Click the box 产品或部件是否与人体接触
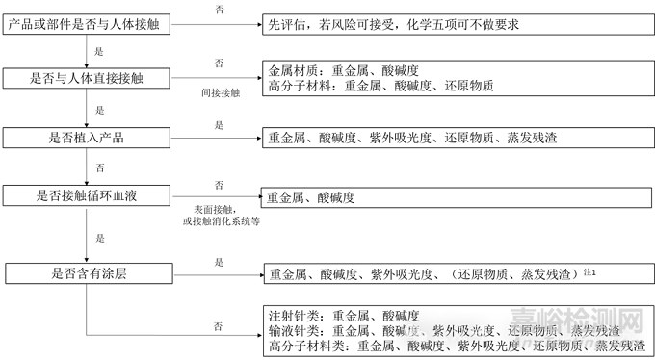(87, 23)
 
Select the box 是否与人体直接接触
(87, 77)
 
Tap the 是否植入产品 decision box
(87, 139)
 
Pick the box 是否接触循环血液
(87, 196)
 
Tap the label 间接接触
(221, 94)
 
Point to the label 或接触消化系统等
(221, 219)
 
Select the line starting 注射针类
(342, 315)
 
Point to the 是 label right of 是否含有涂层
(220, 261)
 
